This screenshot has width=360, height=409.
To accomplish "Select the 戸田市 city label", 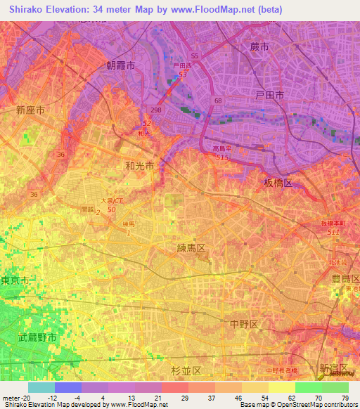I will click(269, 94).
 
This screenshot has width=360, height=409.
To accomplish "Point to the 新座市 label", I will click(31, 110).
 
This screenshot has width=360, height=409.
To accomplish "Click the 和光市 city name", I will click(139, 166).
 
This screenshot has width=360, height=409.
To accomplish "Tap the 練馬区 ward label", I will click(191, 249).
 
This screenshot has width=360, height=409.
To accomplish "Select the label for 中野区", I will click(244, 323).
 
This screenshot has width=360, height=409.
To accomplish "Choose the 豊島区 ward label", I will click(345, 278).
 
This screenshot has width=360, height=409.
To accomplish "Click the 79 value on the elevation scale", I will click(345, 397).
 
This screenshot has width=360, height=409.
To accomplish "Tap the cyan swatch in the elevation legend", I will click(41, 387).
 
